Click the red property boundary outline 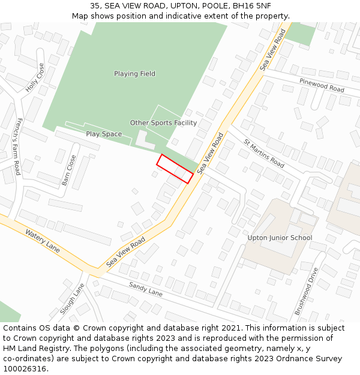(175, 169)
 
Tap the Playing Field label (135, 74)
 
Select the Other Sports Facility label (163, 123)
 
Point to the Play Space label (104, 134)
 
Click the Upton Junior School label (280, 238)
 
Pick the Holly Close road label (35, 77)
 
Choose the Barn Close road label (69, 170)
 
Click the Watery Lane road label (43, 241)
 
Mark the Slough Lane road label (72, 298)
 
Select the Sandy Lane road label (146, 289)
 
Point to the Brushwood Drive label (305, 292)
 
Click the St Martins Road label (264, 153)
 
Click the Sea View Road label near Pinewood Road (273, 50)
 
